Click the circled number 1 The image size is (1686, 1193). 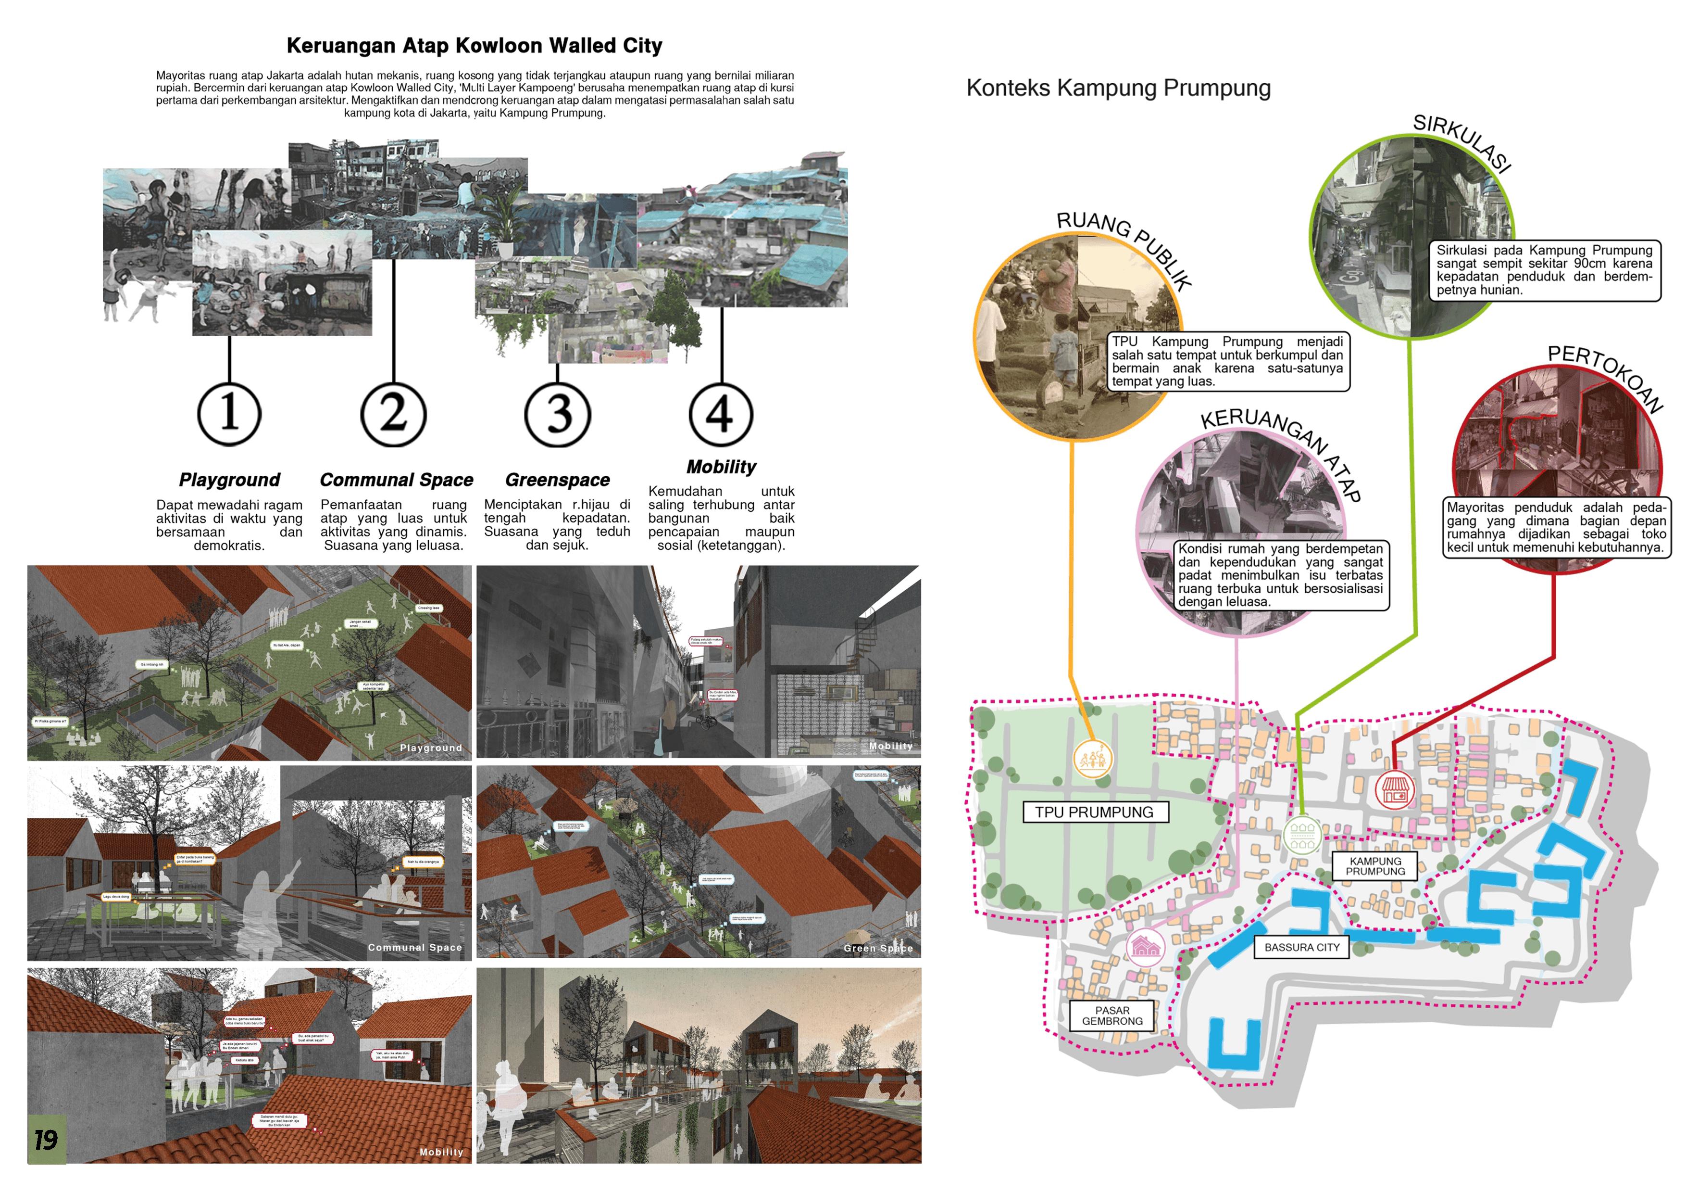pos(229,414)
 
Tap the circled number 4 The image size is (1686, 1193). pos(721,414)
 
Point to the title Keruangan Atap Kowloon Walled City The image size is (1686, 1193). pos(475,46)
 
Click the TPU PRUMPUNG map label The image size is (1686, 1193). pos(1094,812)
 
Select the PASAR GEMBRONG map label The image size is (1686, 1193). pos(1112,1016)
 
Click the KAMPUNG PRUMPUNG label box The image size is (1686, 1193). pos(1374,866)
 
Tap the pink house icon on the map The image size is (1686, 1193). pos(1145,946)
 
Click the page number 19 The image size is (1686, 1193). pos(46,1140)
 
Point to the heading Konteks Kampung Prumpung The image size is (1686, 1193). pos(1118,88)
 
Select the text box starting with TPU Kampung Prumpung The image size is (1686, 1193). pos(1228,361)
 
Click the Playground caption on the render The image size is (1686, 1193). pos(431,748)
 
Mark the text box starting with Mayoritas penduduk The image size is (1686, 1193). pos(1557,527)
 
